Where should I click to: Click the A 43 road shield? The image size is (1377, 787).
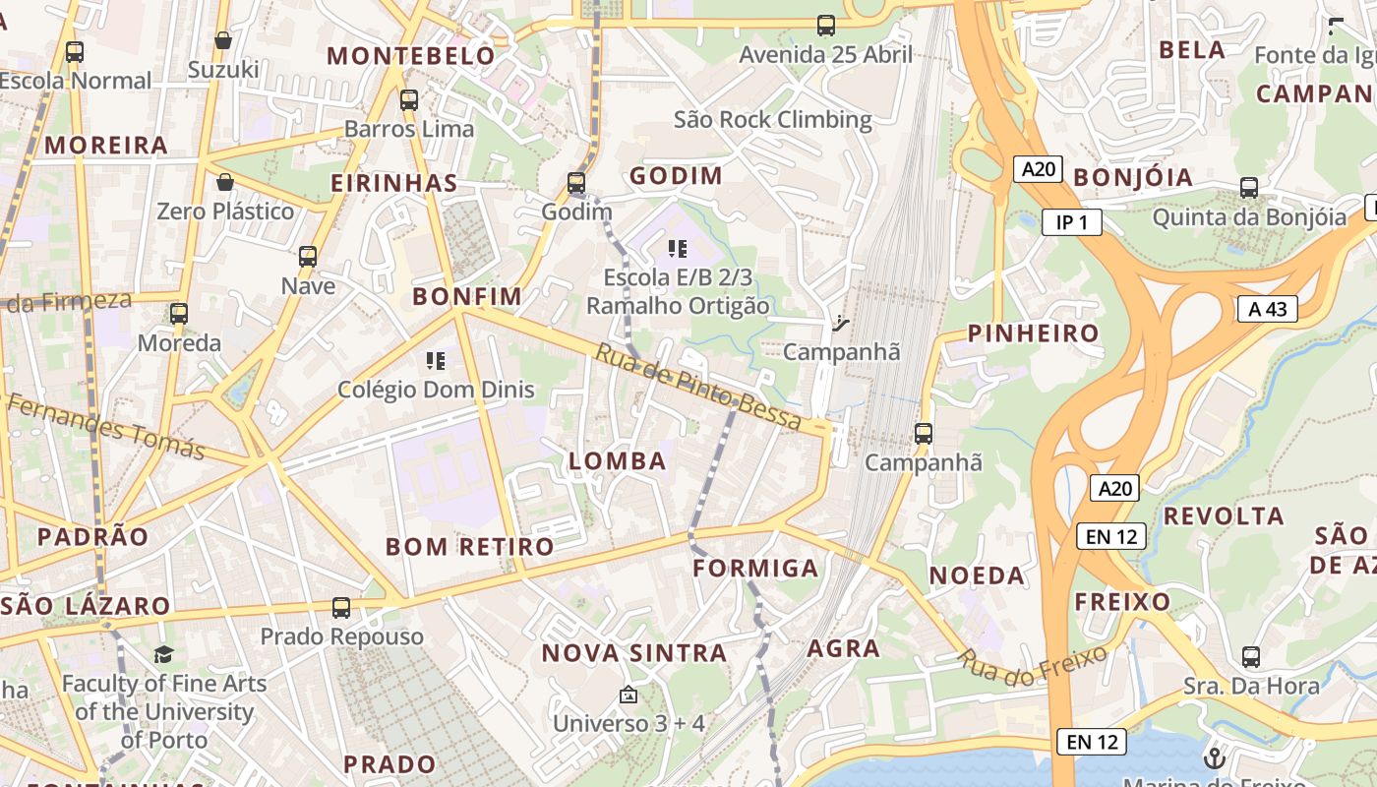[1268, 309]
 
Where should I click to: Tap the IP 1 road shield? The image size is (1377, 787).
[1071, 222]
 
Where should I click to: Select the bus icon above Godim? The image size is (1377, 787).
[576, 183]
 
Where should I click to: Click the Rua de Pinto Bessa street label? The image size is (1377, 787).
[697, 387]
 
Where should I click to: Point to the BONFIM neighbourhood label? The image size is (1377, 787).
[467, 296]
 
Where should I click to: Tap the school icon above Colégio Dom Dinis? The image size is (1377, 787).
[436, 361]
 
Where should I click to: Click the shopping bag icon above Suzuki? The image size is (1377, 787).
[223, 40]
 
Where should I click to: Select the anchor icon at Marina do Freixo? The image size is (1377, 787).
[1214, 757]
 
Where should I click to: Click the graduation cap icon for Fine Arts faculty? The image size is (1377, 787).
[163, 654]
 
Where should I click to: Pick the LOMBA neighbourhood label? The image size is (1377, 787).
[618, 460]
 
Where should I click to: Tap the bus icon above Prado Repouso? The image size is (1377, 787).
[341, 608]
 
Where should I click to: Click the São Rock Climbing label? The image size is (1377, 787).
[772, 120]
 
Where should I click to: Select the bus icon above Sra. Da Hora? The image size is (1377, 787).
[1250, 656]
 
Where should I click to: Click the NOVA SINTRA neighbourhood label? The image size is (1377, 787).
[634, 653]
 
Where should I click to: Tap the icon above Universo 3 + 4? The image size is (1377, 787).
[629, 696]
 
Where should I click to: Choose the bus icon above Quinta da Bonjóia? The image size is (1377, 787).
[1249, 187]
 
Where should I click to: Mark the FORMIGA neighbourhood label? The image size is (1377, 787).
[755, 569]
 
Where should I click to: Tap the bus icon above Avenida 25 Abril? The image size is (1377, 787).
[826, 26]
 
